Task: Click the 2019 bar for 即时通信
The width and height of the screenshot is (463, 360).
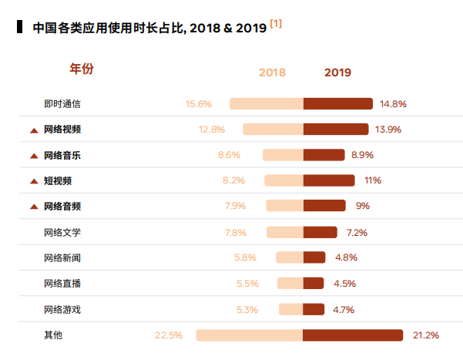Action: (338, 103)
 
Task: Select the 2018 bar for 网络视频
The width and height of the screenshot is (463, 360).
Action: (273, 130)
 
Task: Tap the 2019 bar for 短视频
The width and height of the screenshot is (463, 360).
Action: (329, 180)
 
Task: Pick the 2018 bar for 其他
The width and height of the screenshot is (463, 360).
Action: (249, 335)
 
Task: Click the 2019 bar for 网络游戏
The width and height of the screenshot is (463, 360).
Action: (314, 309)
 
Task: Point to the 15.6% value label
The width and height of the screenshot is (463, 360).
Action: (199, 103)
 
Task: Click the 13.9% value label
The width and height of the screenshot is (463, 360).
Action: (388, 130)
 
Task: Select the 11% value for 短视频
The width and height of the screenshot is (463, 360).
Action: (373, 180)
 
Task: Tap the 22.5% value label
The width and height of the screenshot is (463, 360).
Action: (169, 335)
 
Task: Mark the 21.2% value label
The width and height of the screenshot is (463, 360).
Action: (426, 335)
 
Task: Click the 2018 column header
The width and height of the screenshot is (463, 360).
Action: (272, 72)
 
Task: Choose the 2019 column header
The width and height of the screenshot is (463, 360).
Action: (337, 72)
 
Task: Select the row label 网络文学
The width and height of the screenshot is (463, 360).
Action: (62, 232)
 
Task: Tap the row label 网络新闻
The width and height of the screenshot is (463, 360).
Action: (62, 257)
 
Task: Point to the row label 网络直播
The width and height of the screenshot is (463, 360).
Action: (62, 284)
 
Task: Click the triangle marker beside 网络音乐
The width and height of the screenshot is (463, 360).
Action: (34, 156)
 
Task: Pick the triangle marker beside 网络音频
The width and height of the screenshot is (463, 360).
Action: (34, 207)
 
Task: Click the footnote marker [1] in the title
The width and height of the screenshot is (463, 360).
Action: (276, 24)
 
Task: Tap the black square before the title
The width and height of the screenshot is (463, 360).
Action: (19, 28)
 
